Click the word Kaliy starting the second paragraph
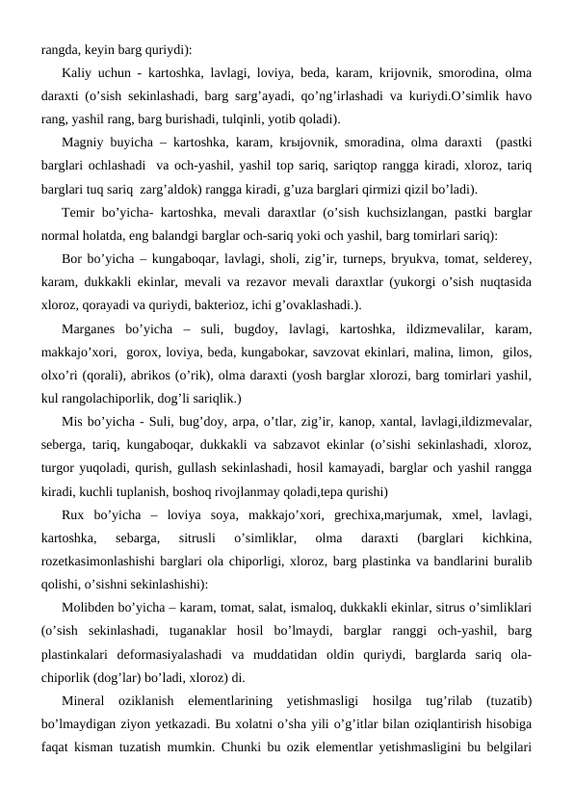[75, 73]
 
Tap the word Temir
[77, 213]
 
